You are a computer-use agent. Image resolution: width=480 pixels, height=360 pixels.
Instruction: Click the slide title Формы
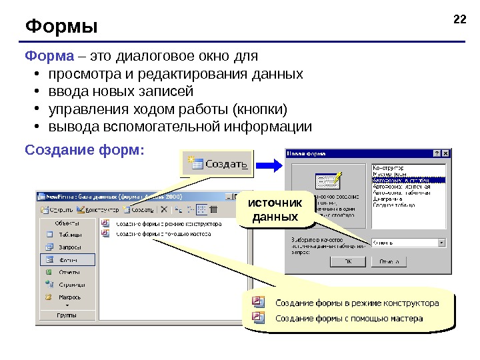pos(61,27)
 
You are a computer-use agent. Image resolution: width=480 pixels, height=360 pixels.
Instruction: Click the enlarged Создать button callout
pos(218,163)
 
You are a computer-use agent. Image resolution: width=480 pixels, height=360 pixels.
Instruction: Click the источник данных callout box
pos(275,210)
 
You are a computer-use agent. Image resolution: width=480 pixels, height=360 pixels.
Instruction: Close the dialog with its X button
pos(445,153)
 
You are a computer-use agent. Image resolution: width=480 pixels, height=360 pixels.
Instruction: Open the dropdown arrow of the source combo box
pos(441,243)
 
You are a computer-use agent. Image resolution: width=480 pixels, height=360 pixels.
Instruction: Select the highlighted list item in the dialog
pos(407,179)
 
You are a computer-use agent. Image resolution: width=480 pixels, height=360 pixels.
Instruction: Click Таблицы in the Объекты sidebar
pos(69,235)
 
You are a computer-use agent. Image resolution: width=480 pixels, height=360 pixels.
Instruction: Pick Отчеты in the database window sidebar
pos(68,272)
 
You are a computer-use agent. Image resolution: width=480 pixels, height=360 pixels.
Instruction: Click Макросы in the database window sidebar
pos(69,297)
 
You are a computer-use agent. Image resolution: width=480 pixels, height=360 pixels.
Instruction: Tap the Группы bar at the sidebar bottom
pos(66,314)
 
